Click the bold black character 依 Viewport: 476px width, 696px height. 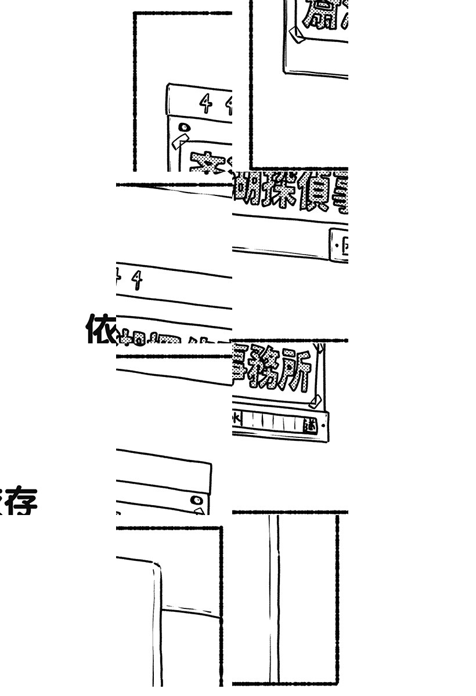(x=100, y=328)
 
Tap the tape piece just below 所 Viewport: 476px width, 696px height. (x=315, y=401)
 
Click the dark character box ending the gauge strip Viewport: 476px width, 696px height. (x=311, y=425)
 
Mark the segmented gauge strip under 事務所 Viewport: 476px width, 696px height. (x=273, y=422)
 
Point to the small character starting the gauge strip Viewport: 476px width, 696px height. (x=236, y=418)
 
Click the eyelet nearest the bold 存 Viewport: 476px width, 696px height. (x=197, y=499)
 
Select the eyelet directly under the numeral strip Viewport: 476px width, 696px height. (x=185, y=126)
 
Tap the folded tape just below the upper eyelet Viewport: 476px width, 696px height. (x=181, y=141)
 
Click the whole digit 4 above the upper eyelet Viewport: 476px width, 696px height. (x=206, y=104)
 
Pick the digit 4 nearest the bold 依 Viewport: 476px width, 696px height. (x=137, y=281)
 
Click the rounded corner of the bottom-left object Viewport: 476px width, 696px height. (x=155, y=567)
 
